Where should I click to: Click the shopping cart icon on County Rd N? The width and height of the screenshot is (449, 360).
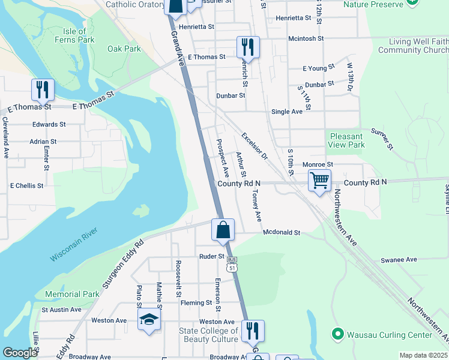(319, 180)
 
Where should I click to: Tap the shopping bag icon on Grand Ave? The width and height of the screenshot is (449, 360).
(223, 230)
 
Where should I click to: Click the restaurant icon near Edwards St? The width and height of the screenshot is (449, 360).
(43, 90)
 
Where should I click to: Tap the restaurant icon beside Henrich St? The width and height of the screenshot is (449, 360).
(247, 47)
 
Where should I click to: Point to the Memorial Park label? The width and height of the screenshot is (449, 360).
(72, 295)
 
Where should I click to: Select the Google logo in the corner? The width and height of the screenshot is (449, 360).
(20, 353)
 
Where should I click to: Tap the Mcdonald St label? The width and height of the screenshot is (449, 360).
(281, 232)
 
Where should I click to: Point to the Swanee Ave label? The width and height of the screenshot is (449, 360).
(398, 259)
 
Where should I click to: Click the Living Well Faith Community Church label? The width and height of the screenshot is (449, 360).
(418, 46)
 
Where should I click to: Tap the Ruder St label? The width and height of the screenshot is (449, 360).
(211, 256)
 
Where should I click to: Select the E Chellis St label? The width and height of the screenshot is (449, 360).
(26, 186)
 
